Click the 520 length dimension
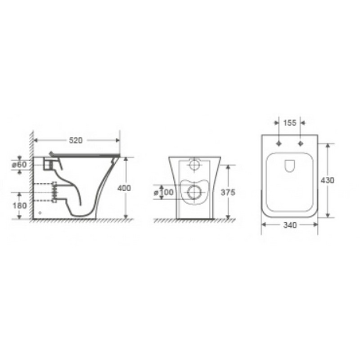[x=76, y=140]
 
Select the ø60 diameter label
[x=19, y=165]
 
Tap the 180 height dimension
[x=19, y=206]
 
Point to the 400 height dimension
[x=124, y=188]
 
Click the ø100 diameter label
[x=163, y=192]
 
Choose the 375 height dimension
[x=228, y=192]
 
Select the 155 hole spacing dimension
[x=290, y=123]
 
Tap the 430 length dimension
[x=328, y=180]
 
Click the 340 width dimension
[x=290, y=225]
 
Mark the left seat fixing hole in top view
[x=279, y=144]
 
